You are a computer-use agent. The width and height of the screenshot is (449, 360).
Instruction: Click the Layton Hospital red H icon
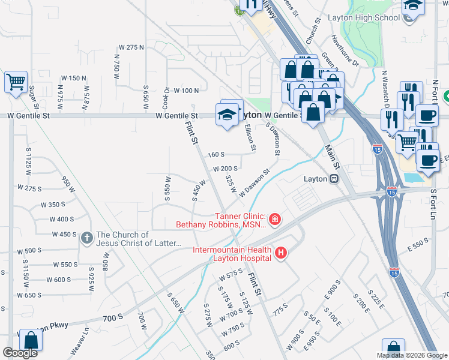(x=280, y=254)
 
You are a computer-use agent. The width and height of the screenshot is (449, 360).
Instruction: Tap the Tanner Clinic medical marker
(x=274, y=220)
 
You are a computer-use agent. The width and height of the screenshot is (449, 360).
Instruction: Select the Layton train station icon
(x=333, y=179)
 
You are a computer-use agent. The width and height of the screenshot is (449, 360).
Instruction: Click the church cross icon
(x=87, y=238)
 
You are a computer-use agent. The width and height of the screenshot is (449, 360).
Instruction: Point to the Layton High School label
(x=364, y=17)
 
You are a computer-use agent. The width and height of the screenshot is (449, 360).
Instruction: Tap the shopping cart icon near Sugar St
(x=16, y=82)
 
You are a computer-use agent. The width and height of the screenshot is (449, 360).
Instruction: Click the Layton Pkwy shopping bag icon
(x=31, y=340)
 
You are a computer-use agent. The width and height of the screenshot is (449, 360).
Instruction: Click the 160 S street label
(x=216, y=154)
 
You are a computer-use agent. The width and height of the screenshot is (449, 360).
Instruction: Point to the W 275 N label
(x=132, y=47)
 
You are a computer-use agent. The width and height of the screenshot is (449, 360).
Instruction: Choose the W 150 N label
(x=73, y=78)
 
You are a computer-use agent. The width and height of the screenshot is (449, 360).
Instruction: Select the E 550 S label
(x=417, y=245)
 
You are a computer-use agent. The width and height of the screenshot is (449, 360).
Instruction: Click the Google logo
(x=20, y=353)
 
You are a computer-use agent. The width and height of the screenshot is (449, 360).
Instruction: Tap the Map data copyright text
(x=412, y=355)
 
